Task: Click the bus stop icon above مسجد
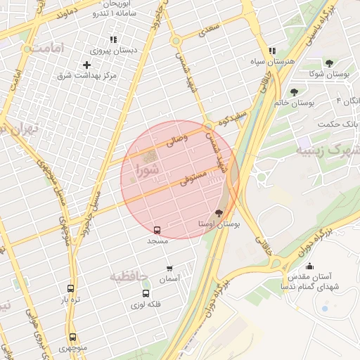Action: (x=157, y=230)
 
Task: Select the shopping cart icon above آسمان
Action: (x=169, y=268)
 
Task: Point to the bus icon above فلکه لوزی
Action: (x=146, y=294)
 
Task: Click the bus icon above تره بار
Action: (x=70, y=288)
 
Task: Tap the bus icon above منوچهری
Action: (x=72, y=337)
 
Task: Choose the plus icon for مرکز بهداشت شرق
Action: (x=87, y=65)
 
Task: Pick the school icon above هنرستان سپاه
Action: (x=271, y=51)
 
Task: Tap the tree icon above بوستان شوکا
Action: (x=329, y=63)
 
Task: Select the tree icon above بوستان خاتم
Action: (x=294, y=92)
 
